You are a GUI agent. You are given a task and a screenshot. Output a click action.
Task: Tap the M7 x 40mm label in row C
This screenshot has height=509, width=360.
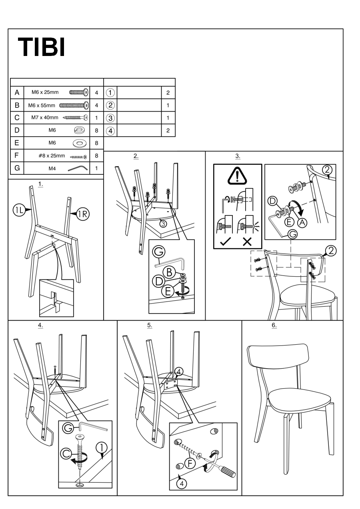pyautogui.click(x=45, y=118)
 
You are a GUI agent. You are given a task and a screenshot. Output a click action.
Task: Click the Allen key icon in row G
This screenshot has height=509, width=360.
pyautogui.click(x=78, y=168)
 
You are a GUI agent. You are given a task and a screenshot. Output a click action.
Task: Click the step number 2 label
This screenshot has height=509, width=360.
pyautogui.click(x=136, y=156)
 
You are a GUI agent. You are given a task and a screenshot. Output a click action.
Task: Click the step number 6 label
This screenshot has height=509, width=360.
pyautogui.click(x=274, y=325)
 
